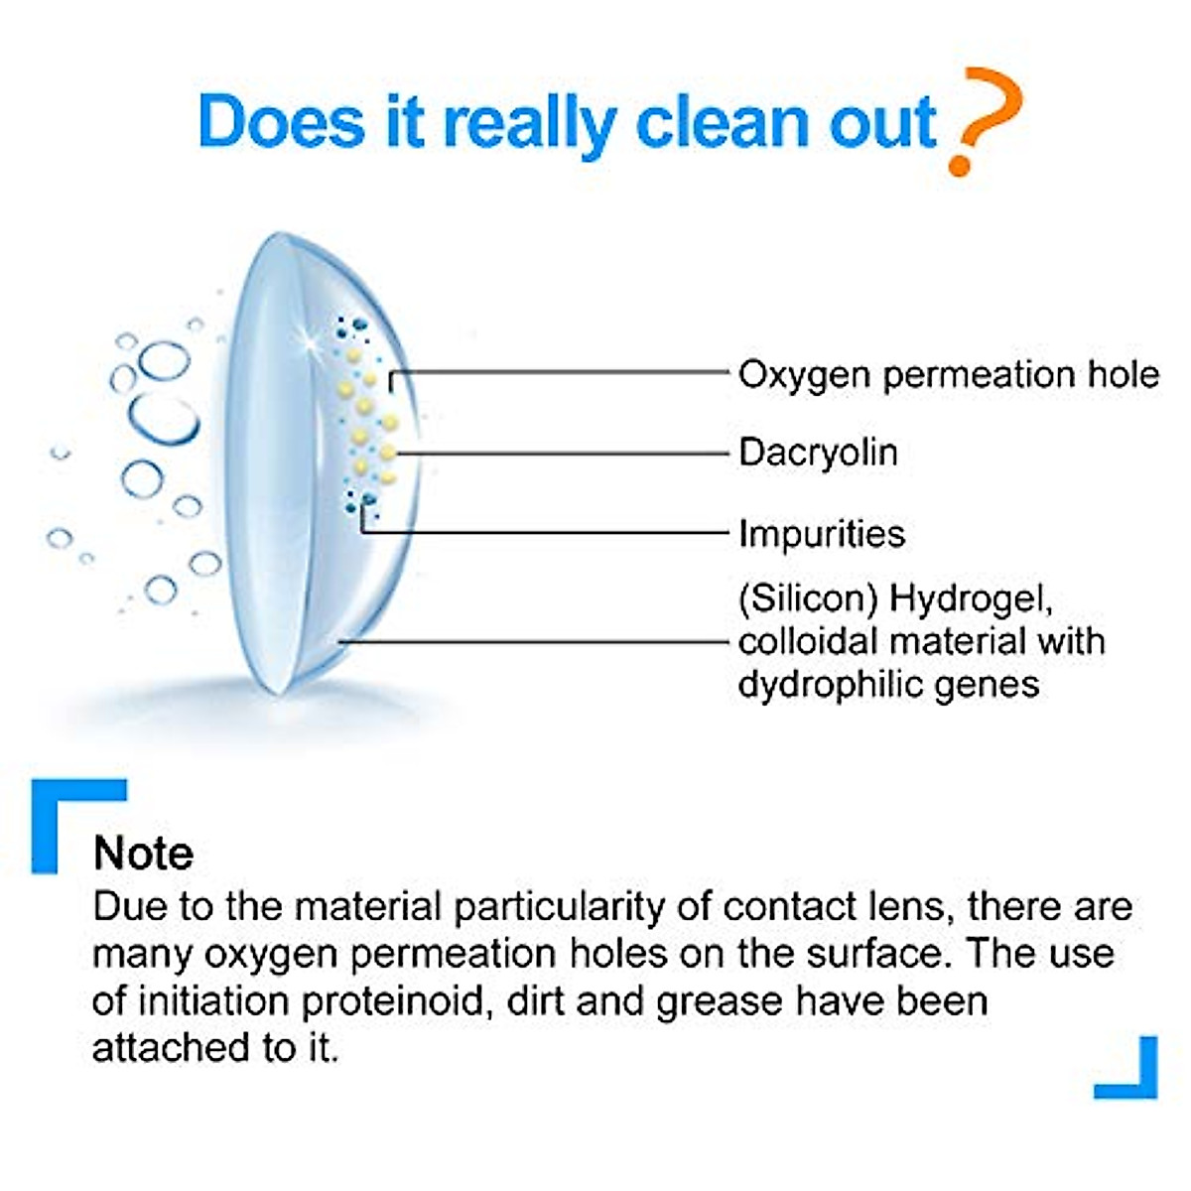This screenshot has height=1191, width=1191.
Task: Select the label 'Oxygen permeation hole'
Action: tap(948, 375)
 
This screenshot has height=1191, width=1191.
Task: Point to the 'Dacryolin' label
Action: tap(818, 453)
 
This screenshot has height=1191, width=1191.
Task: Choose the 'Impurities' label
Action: tap(822, 534)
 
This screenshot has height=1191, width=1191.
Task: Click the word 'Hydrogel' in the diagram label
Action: tap(969, 599)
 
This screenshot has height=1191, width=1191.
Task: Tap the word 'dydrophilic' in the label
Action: tap(835, 684)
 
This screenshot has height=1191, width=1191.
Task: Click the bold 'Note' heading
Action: tap(143, 854)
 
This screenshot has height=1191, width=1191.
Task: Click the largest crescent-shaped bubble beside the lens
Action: tap(164, 422)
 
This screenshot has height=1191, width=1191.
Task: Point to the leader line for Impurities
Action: tap(546, 533)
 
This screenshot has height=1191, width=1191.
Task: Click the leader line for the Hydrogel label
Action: tap(536, 642)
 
